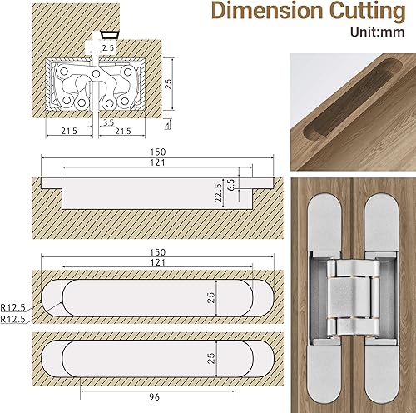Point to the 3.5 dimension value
[x=108, y=123]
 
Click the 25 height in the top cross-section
[x=167, y=84]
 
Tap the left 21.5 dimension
[x=70, y=132]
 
